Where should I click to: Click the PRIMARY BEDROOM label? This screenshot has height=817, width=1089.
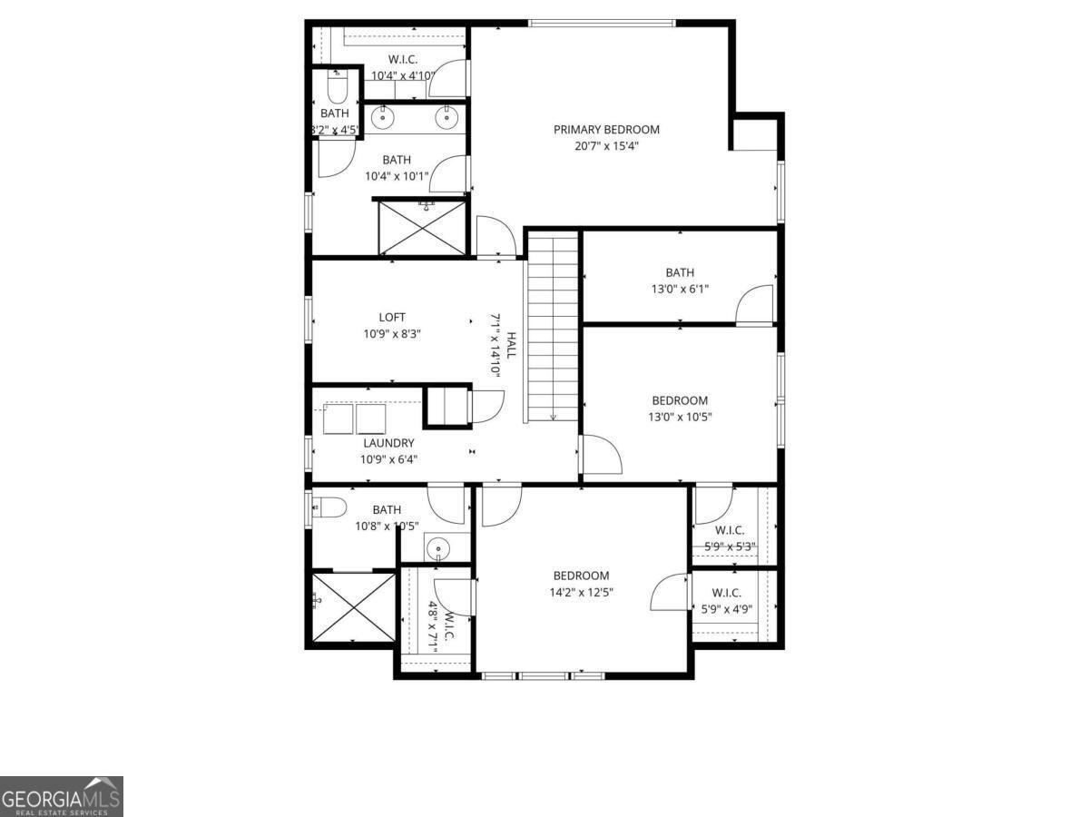coord(606,130)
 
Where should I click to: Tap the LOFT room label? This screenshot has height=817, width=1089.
coord(392,317)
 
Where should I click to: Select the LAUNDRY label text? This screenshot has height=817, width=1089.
coord(388,443)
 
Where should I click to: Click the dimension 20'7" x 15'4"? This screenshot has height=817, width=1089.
coord(606,146)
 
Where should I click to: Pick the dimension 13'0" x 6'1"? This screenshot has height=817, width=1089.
coord(680,290)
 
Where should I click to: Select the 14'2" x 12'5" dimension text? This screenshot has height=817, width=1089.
coord(581,593)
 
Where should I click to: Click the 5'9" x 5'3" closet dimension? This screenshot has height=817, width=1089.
coord(730,546)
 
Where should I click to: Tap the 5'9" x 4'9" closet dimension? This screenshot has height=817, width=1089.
coord(726,609)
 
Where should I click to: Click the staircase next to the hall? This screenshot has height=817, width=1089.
coord(553,327)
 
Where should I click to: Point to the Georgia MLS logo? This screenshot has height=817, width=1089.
coord(61,796)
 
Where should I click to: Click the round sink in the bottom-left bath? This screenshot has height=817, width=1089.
coord(438,548)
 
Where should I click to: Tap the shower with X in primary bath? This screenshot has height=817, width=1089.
coord(422,226)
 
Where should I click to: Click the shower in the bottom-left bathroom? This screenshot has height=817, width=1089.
coord(351,606)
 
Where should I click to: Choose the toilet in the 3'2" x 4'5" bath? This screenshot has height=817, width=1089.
coord(336,89)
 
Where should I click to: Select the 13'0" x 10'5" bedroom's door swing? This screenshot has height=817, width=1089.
coord(601,456)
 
